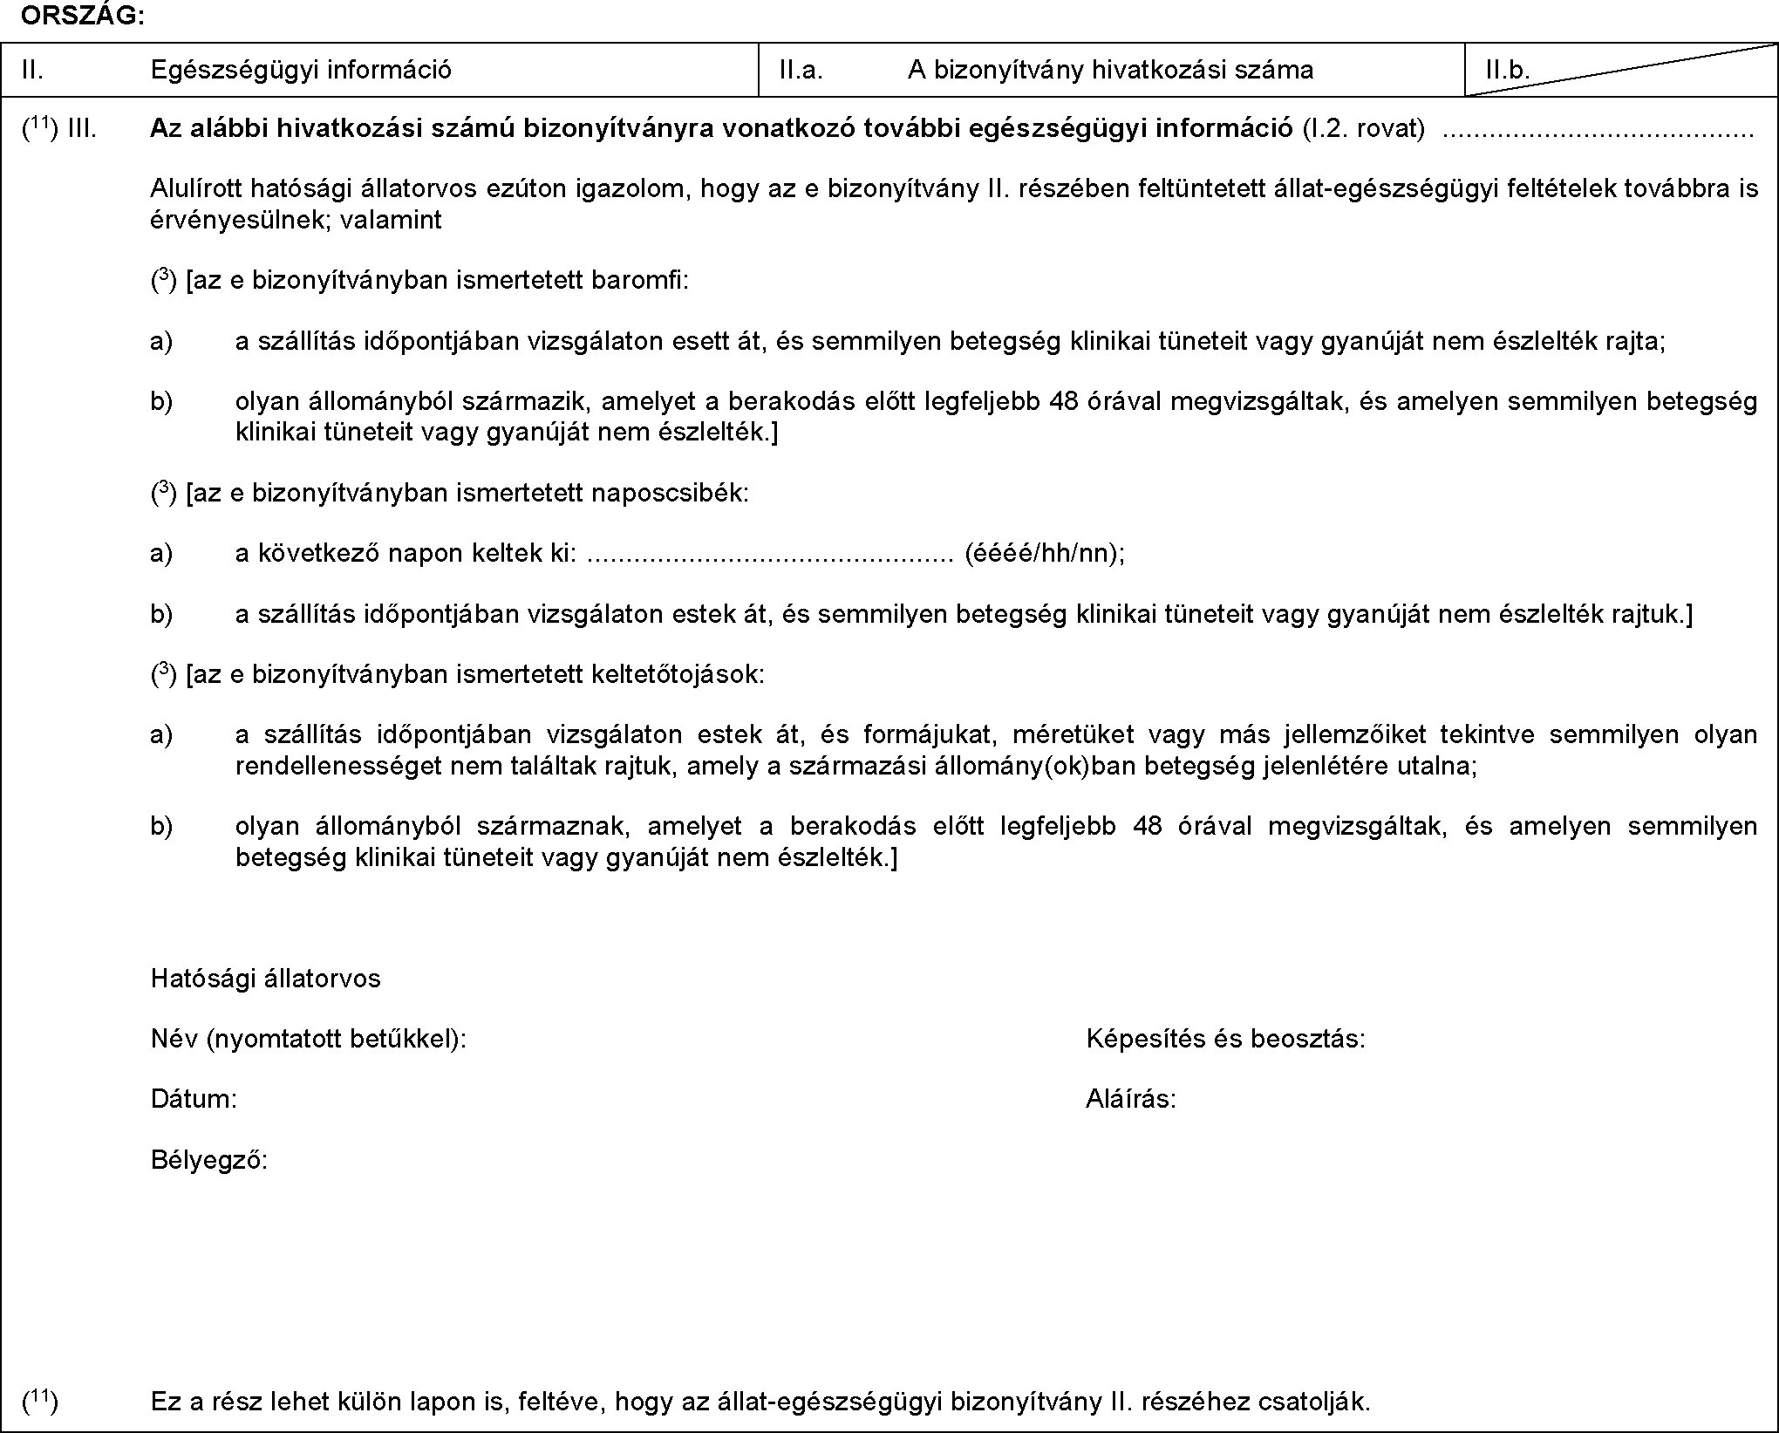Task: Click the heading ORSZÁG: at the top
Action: (x=84, y=17)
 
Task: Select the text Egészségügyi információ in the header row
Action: (x=301, y=70)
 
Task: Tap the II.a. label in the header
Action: (x=801, y=70)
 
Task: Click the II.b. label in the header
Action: (x=1509, y=70)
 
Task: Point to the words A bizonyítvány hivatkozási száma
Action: (x=1110, y=70)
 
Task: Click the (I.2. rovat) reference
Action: (x=1364, y=129)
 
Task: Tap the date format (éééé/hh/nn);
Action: (x=1044, y=553)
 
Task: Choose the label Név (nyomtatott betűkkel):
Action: (x=309, y=1038)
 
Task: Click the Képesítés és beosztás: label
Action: (x=1225, y=1038)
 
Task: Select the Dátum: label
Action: (x=194, y=1098)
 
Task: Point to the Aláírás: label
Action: (x=1130, y=1098)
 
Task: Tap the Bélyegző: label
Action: (x=209, y=1159)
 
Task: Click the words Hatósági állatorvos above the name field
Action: (x=266, y=978)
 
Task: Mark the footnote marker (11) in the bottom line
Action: (x=40, y=1401)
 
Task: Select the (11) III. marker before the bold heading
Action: (x=59, y=129)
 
